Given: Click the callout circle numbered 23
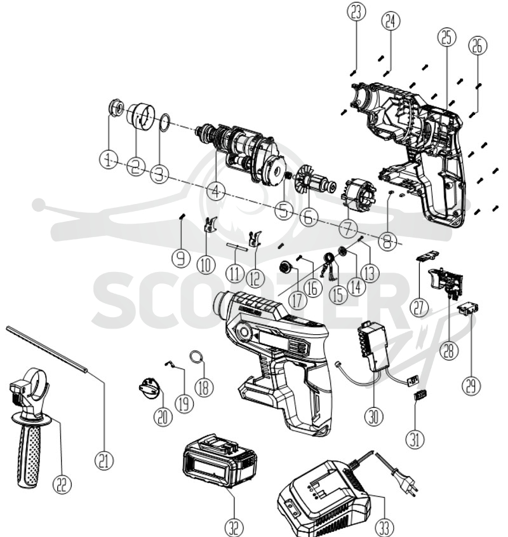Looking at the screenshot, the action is (356, 12).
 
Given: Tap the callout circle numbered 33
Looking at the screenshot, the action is (384, 527).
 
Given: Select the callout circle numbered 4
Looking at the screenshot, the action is (216, 191).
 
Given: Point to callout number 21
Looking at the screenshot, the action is (104, 460).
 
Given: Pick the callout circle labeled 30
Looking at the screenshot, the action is (374, 416).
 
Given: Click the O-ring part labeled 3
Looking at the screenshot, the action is (165, 123).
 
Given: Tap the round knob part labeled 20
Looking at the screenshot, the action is (149, 388).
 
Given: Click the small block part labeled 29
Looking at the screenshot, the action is (468, 309).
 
